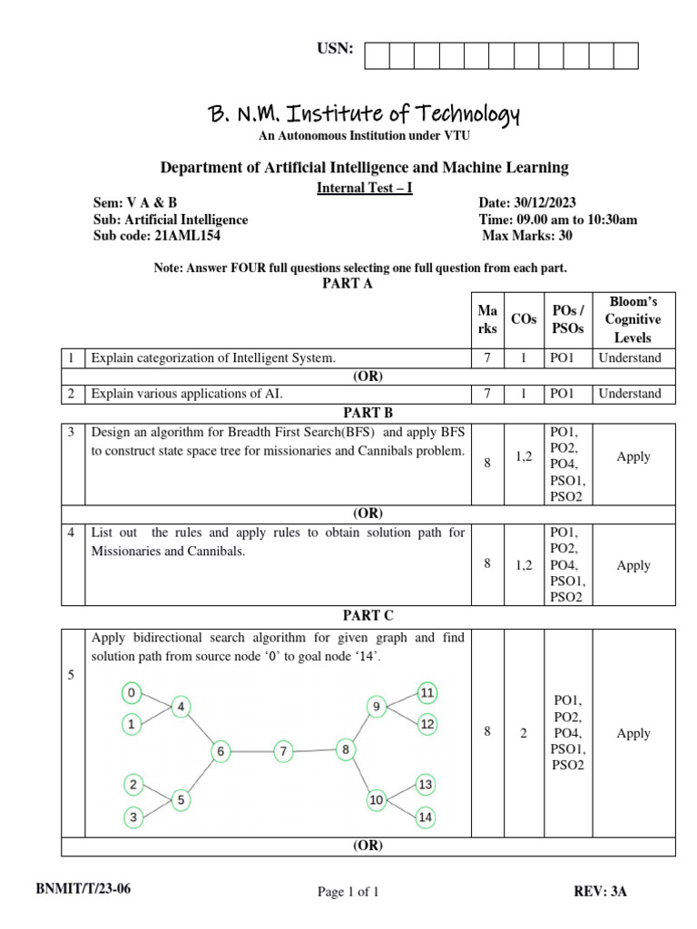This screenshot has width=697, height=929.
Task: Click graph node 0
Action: click(x=133, y=694)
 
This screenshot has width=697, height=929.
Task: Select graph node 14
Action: click(x=425, y=817)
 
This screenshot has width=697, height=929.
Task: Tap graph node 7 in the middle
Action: click(x=283, y=751)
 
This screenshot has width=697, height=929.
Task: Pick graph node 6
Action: click(x=221, y=751)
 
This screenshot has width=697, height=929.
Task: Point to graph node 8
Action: click(x=345, y=749)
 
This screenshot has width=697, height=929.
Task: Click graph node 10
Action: click(x=376, y=800)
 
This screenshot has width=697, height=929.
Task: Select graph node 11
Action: click(x=427, y=693)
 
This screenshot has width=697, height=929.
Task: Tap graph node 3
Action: click(x=133, y=817)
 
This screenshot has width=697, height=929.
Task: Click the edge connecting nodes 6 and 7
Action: click(x=251, y=751)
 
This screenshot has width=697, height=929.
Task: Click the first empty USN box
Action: click(x=377, y=55)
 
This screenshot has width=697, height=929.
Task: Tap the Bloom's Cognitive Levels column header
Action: click(x=633, y=319)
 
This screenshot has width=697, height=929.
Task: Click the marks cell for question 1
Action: click(x=487, y=357)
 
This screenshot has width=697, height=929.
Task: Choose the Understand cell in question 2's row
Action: click(x=633, y=394)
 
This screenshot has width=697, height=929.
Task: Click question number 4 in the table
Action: click(x=71, y=533)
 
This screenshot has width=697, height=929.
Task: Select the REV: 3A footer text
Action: click(x=600, y=891)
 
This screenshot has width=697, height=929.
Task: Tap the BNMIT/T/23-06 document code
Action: click(x=83, y=889)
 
